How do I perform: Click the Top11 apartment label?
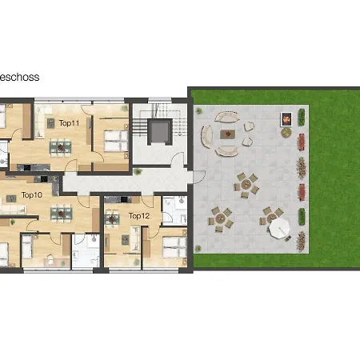point(69,123)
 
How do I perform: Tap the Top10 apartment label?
point(32,195)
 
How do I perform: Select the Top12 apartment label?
point(139,216)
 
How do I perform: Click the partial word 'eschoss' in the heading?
point(19,78)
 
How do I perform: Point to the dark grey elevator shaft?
point(160,132)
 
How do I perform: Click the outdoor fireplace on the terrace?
point(286,119)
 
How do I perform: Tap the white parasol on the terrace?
point(279,228)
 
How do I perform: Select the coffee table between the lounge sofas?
point(228,134)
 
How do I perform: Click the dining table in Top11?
point(61,147)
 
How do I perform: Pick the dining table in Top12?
point(112,219)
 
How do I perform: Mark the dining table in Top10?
point(62,214)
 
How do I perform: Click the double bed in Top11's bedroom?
point(116,141)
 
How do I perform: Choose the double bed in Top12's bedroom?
point(174,247)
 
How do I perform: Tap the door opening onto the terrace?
point(199,177)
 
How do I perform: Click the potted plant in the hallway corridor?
point(138,171)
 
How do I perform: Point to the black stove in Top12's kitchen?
point(124,199)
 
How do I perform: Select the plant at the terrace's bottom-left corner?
point(198,249)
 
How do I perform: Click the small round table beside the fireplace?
point(286,133)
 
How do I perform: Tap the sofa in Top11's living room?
point(40,122)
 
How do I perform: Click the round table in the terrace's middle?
point(246,184)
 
